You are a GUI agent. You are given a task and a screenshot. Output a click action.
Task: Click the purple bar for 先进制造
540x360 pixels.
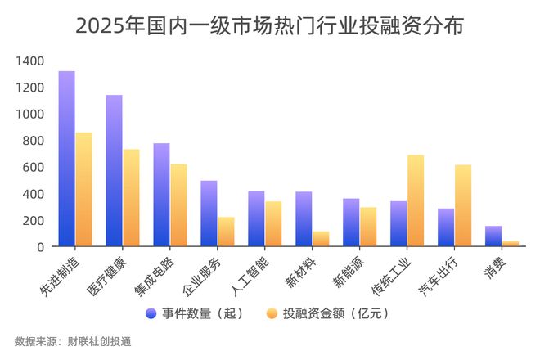[66, 159]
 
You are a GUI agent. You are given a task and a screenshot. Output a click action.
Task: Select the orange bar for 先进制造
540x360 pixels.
[83, 189]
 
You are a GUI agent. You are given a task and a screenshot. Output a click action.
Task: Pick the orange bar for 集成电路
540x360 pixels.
[178, 205]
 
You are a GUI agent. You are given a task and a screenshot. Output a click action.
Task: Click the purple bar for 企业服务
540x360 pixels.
[209, 214]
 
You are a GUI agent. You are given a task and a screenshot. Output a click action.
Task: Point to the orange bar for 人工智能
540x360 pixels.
[273, 223]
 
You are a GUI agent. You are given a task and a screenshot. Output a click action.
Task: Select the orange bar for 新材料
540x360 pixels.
[321, 239]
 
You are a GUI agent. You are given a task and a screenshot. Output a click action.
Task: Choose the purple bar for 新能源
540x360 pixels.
[351, 223]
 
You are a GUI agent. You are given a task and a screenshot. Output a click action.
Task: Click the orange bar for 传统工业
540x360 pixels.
[416, 200]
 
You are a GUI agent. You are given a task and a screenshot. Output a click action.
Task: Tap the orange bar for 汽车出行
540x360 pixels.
[463, 205]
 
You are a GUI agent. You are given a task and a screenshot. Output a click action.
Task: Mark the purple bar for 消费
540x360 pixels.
[493, 236]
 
